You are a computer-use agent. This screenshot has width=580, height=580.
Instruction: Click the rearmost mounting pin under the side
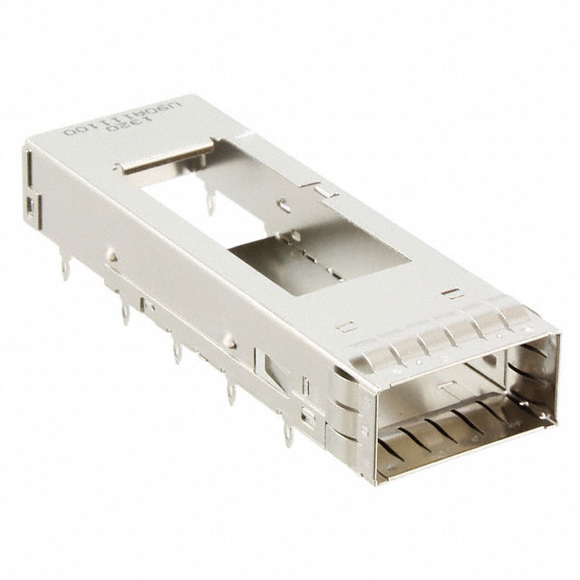65,264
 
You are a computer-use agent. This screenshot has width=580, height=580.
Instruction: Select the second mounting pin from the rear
121,313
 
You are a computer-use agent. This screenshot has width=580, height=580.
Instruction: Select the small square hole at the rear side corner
34,208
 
